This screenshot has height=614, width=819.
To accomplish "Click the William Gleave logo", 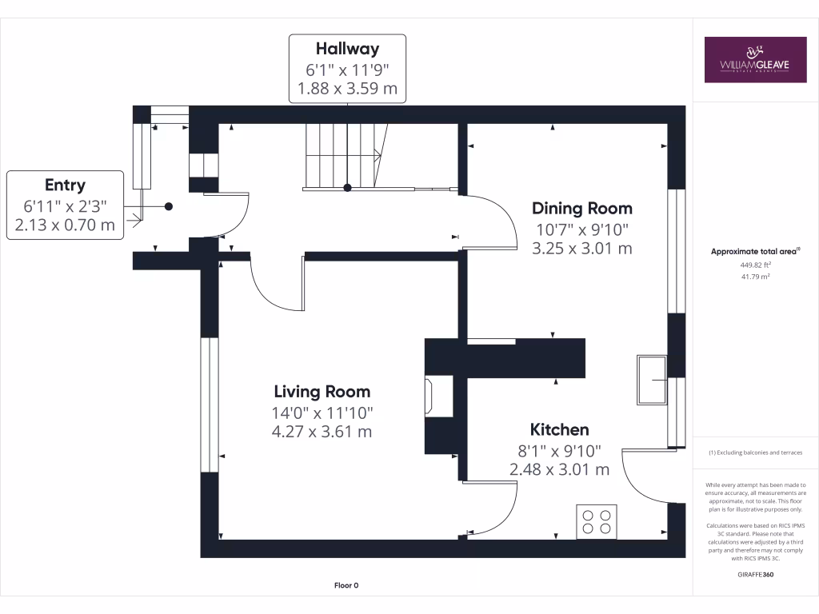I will (755, 59).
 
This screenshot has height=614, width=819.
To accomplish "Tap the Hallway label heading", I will (347, 49).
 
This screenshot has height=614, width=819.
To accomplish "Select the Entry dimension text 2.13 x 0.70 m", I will (65, 225).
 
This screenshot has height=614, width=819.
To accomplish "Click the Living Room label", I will (322, 392).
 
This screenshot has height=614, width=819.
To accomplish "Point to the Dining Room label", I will (582, 209).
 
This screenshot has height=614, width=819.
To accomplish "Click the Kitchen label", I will (559, 430).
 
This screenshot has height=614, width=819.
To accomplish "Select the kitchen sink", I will (652, 380).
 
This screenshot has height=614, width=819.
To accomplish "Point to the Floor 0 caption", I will (346, 585).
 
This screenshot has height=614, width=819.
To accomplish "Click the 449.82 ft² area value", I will (756, 265).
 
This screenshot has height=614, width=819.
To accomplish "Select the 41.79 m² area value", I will (756, 277).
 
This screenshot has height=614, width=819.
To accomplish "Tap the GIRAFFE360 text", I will (756, 574).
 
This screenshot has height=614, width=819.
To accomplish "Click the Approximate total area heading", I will (756, 252).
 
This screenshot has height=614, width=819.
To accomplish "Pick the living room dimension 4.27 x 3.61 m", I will (322, 432).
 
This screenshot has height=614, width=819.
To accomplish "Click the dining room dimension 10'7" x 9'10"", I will (582, 230).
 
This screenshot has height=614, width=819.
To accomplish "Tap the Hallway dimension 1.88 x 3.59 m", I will (347, 88).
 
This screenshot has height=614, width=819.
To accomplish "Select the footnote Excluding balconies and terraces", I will (756, 453).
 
